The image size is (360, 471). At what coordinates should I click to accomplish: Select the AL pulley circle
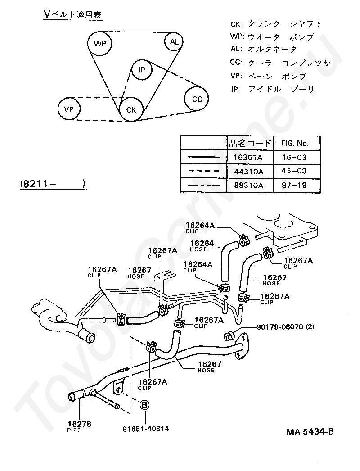click(174, 42)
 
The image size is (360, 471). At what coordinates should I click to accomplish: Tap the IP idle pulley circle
click(142, 70)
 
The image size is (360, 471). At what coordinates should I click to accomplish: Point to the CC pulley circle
click(197, 99)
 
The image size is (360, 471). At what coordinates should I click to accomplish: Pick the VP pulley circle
click(69, 109)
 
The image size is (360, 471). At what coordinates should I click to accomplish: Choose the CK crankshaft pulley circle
click(130, 109)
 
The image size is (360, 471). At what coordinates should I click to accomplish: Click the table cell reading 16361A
click(247, 157)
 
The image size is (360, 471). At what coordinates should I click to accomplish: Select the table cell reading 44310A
click(247, 171)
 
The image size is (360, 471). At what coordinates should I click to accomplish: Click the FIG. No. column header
click(295, 143)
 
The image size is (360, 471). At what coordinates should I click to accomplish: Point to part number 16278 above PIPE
click(79, 424)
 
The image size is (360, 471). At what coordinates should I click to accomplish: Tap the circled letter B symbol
click(145, 405)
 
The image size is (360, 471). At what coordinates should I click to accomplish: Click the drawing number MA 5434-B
click(310, 432)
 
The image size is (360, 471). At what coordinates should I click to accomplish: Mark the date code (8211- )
click(52, 183)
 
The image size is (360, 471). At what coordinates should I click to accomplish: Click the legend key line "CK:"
click(236, 24)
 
